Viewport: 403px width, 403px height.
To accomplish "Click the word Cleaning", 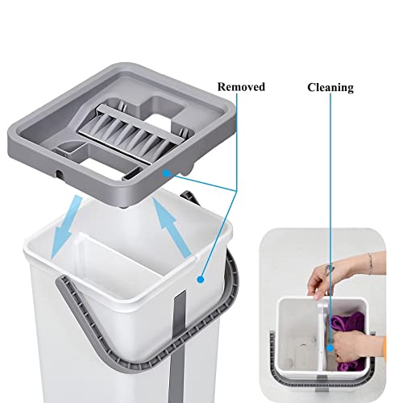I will point(330,87).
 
